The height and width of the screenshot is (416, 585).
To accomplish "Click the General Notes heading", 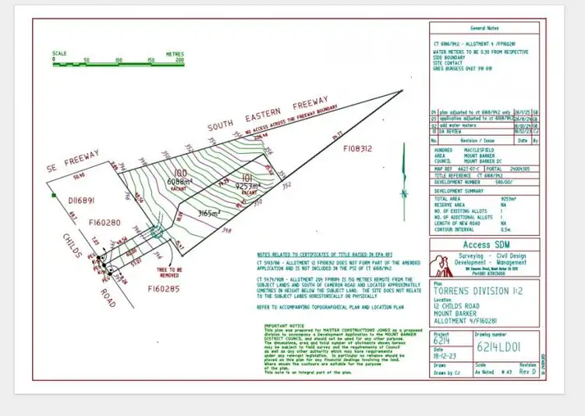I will click(484, 26).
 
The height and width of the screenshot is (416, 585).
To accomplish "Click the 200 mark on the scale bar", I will click(179, 59).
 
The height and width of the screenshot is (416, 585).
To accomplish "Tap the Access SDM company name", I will click(483, 244).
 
